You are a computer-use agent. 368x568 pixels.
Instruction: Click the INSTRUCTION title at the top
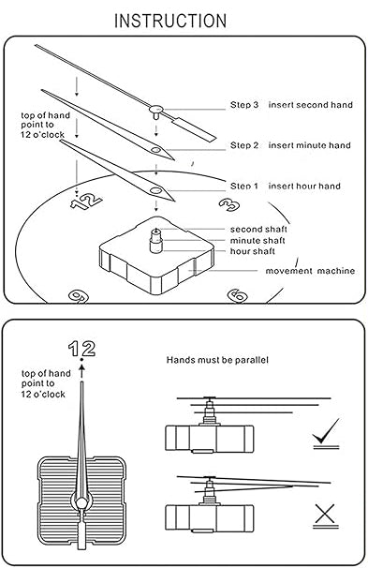170,21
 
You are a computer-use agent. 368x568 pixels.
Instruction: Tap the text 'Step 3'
244,105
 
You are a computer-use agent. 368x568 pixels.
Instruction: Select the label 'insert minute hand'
309,145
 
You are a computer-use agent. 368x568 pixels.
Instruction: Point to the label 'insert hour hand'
304,187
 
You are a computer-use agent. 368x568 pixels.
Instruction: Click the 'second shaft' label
258,230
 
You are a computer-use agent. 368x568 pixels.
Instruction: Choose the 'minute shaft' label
258,241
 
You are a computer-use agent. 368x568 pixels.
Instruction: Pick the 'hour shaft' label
253,251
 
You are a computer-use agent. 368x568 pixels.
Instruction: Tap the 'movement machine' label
310,271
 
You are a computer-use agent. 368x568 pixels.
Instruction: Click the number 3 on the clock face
229,204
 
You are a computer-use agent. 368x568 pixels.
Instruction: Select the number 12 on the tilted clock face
86,202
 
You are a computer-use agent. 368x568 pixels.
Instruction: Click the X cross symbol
326,514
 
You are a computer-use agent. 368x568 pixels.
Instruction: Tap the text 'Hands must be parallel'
217,360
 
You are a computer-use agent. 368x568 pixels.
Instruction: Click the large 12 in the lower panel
81,349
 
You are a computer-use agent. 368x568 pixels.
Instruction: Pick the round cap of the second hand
156,109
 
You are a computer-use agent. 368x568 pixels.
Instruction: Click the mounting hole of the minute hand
156,150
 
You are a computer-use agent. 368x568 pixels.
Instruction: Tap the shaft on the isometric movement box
156,240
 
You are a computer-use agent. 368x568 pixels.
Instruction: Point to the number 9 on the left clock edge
79,296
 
